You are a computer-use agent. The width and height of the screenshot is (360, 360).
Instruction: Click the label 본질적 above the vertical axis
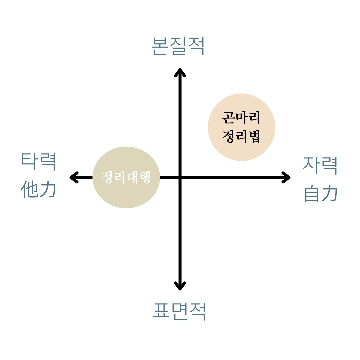tap(178, 46)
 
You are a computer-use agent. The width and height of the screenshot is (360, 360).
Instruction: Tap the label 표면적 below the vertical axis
tap(179, 312)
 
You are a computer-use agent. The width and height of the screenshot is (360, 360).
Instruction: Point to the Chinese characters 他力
tap(38, 189)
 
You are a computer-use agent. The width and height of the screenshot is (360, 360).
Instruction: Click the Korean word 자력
tap(320, 166)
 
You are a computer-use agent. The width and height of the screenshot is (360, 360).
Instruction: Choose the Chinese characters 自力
tap(321, 193)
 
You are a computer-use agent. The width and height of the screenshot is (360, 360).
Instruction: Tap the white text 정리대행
tap(126, 177)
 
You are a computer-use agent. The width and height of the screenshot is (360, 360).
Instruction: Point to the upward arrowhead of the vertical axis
tap(180, 72)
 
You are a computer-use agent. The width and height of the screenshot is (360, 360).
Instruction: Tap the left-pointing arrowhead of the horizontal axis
tap(73, 177)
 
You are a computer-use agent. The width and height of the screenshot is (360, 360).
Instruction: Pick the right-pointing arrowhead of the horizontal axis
tap(287, 177)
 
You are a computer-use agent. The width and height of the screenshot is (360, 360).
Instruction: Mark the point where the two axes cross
tap(180, 177)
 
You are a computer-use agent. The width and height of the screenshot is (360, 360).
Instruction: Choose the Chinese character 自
tap(312, 193)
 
